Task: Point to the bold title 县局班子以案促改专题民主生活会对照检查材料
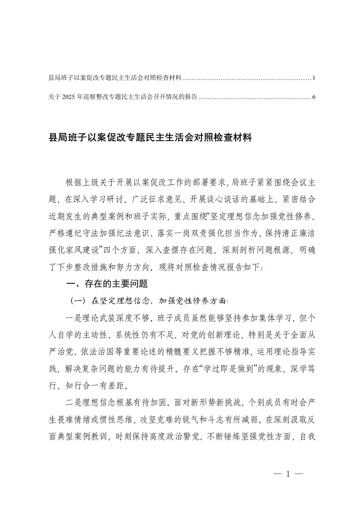point(150,137)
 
